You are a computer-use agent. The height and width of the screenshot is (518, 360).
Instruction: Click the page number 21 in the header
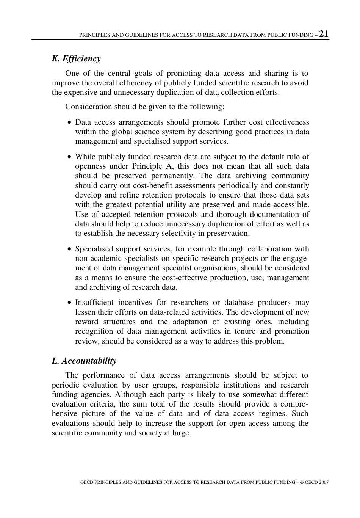[324, 34]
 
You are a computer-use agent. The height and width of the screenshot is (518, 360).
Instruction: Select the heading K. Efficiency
[76, 59]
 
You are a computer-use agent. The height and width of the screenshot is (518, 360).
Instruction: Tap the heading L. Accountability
[84, 361]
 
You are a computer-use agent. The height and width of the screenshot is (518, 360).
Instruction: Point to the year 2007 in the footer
[324, 482]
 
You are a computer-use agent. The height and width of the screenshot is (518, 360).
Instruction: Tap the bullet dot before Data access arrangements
[69, 123]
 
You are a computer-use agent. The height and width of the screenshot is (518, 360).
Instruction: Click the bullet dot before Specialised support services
[69, 250]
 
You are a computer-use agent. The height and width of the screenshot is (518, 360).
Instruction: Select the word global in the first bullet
[123, 132]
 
